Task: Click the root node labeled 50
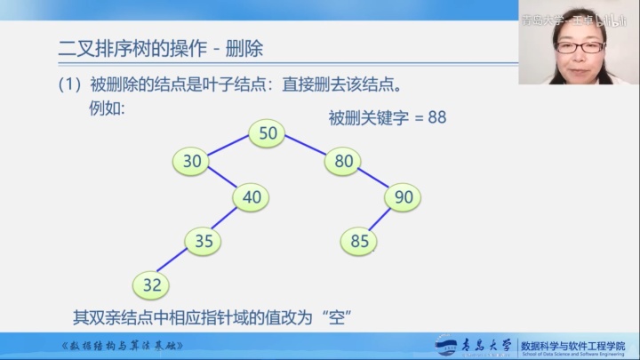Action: [x=268, y=133]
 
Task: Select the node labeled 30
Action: [x=192, y=161]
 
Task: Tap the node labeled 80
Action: [x=343, y=161]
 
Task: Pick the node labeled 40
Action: [x=252, y=197]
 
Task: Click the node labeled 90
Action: [x=404, y=197]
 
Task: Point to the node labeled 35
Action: [x=204, y=240]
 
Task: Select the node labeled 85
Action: [x=359, y=240]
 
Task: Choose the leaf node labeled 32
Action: [x=151, y=284]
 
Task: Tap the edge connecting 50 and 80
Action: [x=306, y=147]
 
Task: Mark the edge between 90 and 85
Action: [x=381, y=219]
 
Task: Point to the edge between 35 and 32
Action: [x=178, y=262]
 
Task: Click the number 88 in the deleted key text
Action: [x=436, y=117]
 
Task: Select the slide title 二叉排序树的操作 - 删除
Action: [x=160, y=47]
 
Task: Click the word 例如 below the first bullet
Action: [x=108, y=108]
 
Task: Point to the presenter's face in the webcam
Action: [x=577, y=49]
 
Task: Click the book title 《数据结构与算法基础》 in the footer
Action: [x=124, y=345]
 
